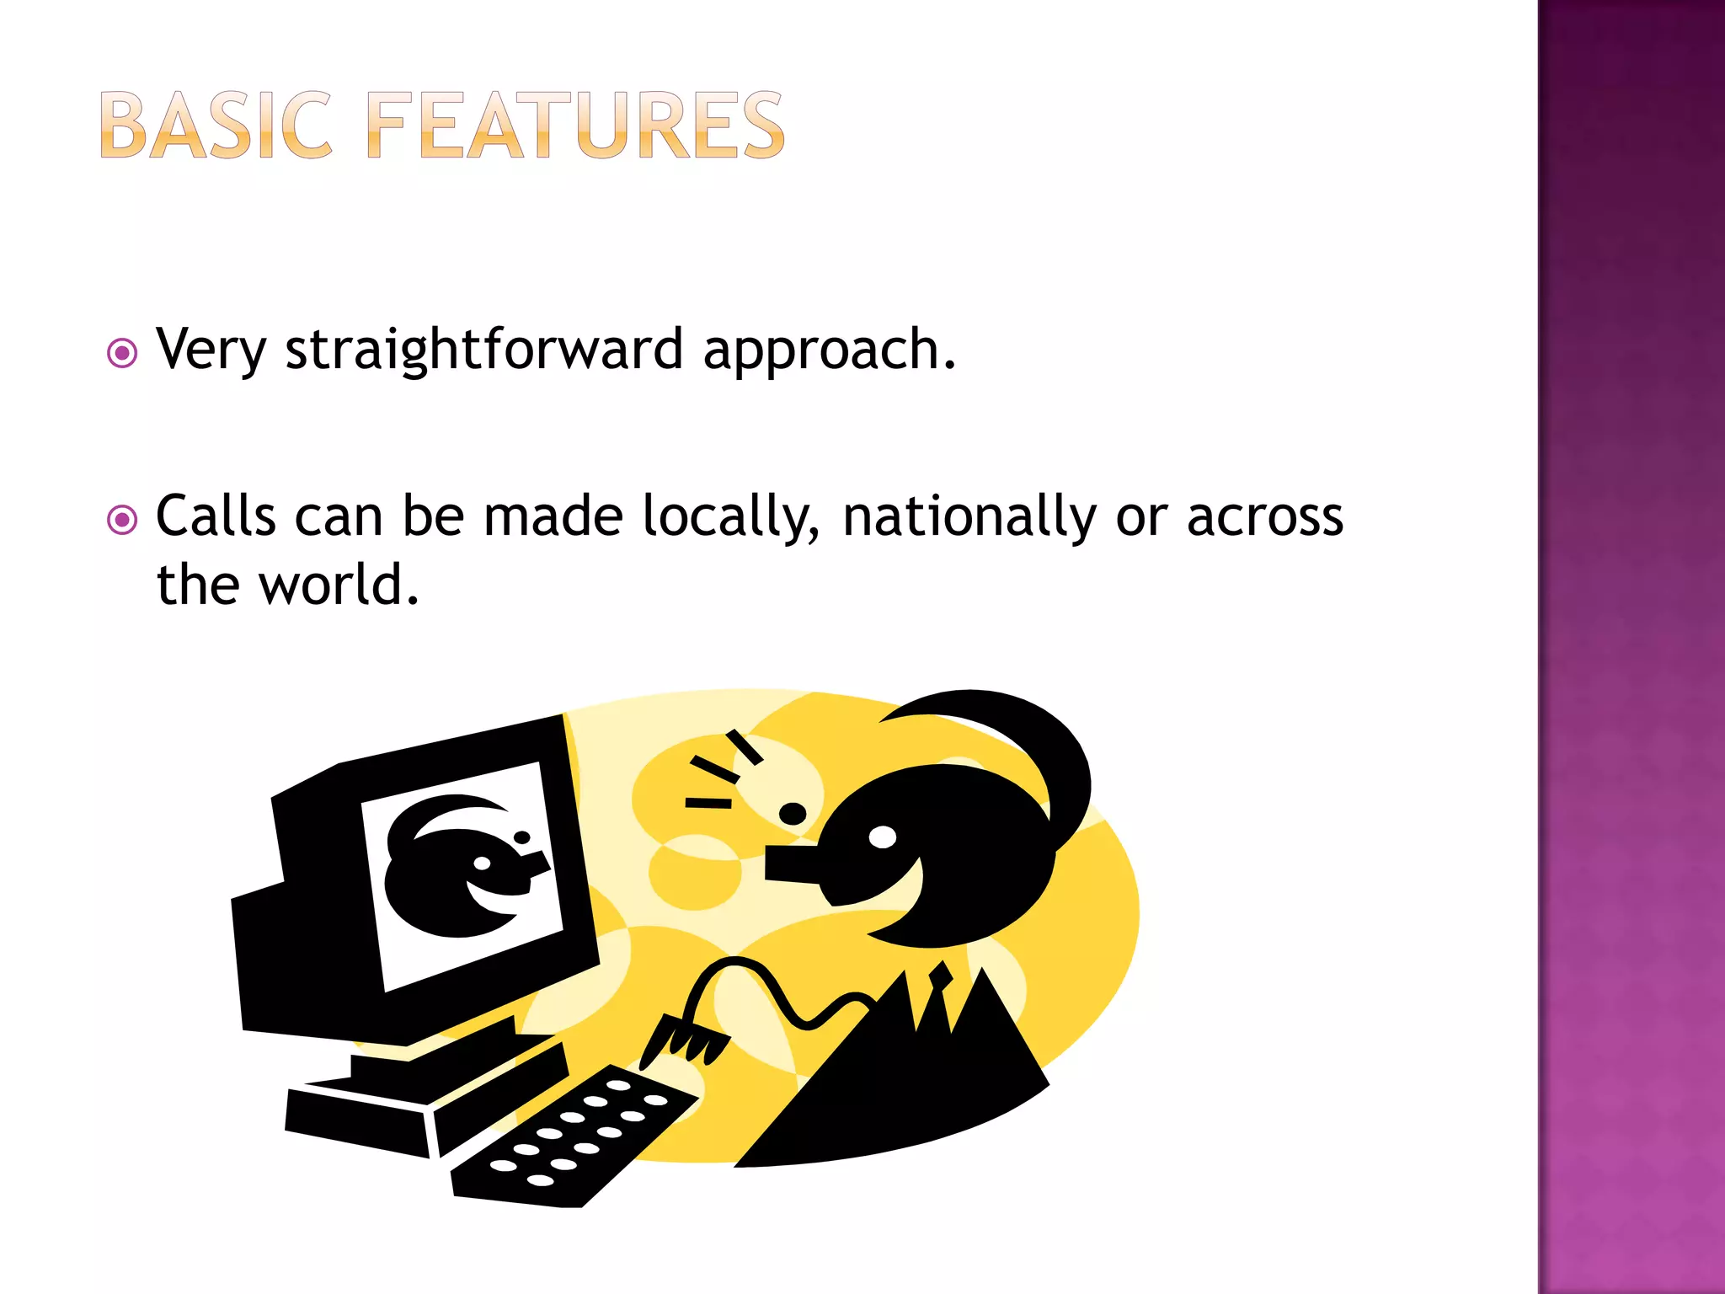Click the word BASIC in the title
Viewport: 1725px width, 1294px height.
click(x=216, y=126)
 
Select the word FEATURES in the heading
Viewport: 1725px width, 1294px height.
click(x=576, y=126)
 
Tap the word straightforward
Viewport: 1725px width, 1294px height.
click(x=483, y=350)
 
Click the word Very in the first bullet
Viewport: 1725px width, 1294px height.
click(x=211, y=350)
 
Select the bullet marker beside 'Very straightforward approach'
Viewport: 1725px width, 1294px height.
click(x=122, y=353)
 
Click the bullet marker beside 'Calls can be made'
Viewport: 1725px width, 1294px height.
click(x=122, y=520)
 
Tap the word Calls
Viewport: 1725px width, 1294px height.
click(x=216, y=516)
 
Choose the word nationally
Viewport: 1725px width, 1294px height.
click(x=969, y=517)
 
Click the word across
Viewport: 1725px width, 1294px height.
click(x=1264, y=517)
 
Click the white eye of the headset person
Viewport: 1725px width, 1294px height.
click(x=882, y=837)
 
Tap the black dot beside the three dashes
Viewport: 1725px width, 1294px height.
click(x=793, y=814)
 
